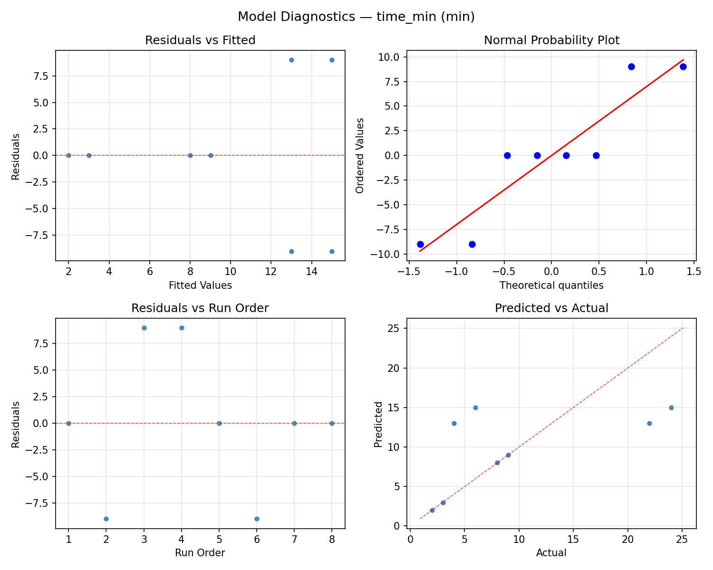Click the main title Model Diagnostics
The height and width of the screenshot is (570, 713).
pyautogui.click(x=356, y=17)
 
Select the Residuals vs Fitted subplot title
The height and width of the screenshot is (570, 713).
pyautogui.click(x=200, y=40)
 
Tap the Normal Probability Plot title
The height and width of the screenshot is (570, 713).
pyautogui.click(x=551, y=40)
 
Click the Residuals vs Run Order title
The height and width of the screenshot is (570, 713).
pyautogui.click(x=200, y=308)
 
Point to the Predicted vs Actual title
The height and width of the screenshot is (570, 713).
pyautogui.click(x=551, y=308)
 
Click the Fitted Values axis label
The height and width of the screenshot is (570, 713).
pyautogui.click(x=200, y=285)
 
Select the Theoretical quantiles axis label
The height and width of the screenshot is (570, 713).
pyautogui.click(x=551, y=285)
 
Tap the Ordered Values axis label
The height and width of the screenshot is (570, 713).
pyautogui.click(x=360, y=155)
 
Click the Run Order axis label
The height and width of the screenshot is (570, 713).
pyautogui.click(x=200, y=553)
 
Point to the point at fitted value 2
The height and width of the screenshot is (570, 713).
pyautogui.click(x=68, y=155)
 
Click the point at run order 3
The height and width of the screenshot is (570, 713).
pyautogui.click(x=144, y=328)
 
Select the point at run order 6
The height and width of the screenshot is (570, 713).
pyautogui.click(x=257, y=519)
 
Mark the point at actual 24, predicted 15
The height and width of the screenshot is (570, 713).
pyautogui.click(x=671, y=408)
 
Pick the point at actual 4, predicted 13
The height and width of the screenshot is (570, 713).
pyautogui.click(x=454, y=423)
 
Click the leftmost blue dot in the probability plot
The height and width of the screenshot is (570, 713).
pyautogui.click(x=420, y=244)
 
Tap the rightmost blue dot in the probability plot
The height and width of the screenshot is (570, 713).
pyautogui.click(x=683, y=66)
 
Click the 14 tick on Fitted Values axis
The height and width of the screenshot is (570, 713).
pyautogui.click(x=311, y=272)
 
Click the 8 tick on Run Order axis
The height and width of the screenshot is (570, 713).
pyautogui.click(x=332, y=539)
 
